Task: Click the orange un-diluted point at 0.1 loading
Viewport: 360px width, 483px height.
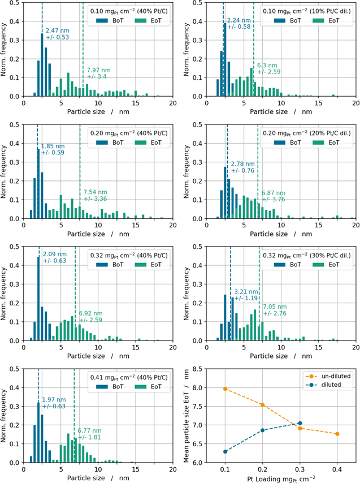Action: click(x=225, y=389)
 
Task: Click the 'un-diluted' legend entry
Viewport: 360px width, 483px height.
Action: click(x=328, y=376)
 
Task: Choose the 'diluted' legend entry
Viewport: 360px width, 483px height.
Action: click(x=328, y=385)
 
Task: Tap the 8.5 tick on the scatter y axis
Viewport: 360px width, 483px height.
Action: click(x=198, y=369)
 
